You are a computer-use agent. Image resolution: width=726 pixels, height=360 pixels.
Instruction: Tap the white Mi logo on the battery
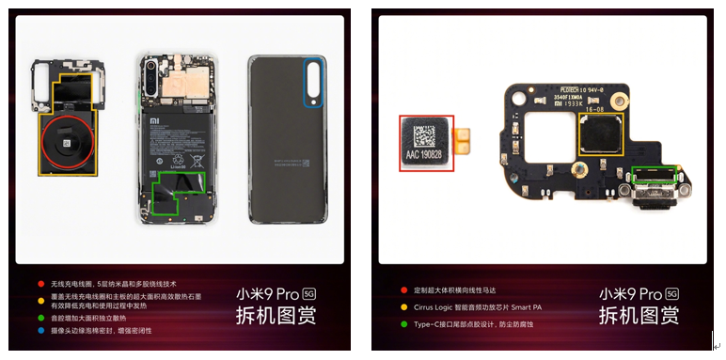155,121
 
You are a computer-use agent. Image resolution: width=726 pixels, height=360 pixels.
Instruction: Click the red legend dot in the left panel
40,283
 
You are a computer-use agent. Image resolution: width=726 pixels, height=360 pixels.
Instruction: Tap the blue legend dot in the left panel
40,330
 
